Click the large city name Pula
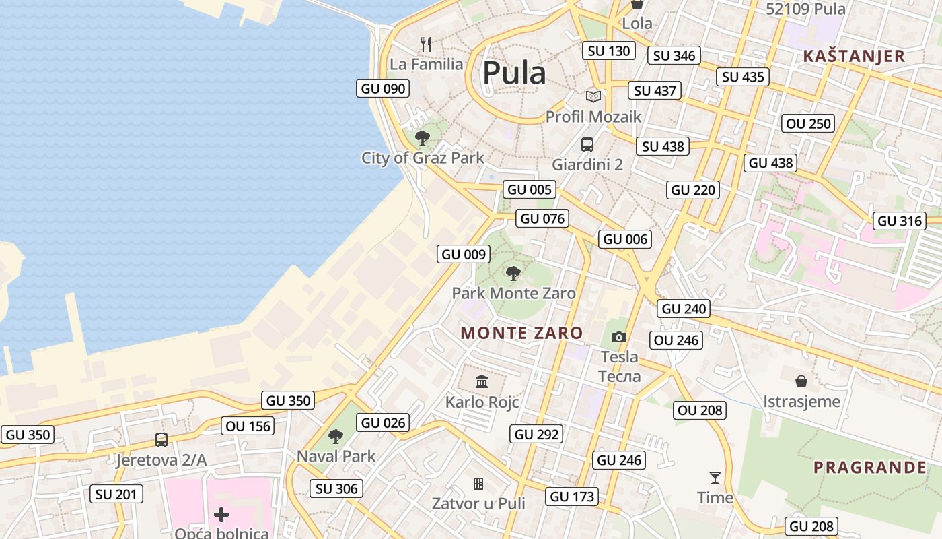click(514, 73)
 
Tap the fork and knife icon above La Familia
click(426, 44)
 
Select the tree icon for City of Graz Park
click(423, 138)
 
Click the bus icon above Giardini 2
click(587, 144)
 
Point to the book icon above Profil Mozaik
click(593, 96)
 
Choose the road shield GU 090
click(383, 88)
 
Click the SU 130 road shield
click(609, 51)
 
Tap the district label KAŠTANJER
click(855, 56)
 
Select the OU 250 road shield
click(809, 123)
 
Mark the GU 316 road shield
click(900, 221)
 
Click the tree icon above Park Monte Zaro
click(513, 273)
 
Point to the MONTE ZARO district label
click(521, 333)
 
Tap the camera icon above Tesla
click(619, 337)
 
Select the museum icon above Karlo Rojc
click(482, 382)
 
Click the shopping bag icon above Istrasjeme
click(801, 381)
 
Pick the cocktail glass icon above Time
click(715, 478)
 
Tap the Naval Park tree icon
click(336, 437)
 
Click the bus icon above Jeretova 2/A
click(161, 440)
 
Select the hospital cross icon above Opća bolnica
click(221, 515)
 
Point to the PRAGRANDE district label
click(870, 468)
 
